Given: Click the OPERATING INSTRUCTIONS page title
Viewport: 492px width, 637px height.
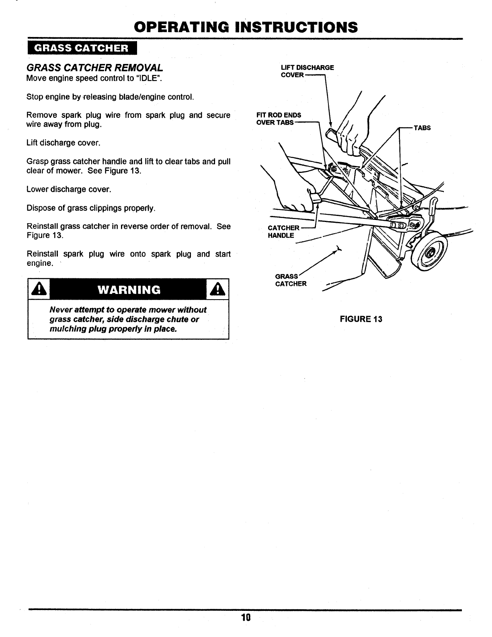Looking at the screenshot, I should (x=246, y=27).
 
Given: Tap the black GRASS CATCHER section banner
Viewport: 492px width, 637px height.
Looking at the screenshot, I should (x=82, y=48).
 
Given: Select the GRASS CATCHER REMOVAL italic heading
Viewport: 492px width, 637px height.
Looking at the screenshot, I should (x=94, y=67).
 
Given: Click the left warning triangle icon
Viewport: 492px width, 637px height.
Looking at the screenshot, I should (x=38, y=290).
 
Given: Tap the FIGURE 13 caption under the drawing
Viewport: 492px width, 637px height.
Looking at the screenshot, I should (x=361, y=319).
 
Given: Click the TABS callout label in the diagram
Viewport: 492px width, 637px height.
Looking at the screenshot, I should (x=422, y=128).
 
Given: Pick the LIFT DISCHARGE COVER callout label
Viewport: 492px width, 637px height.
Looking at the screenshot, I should (x=307, y=71).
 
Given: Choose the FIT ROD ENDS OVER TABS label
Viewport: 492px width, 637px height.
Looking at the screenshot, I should (x=279, y=119).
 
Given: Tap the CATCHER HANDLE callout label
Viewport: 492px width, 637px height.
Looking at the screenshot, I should (x=283, y=232).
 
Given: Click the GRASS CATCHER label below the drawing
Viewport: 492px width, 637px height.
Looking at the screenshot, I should (x=290, y=280).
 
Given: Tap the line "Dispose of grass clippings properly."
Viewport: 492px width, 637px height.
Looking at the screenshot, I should (x=90, y=208).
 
